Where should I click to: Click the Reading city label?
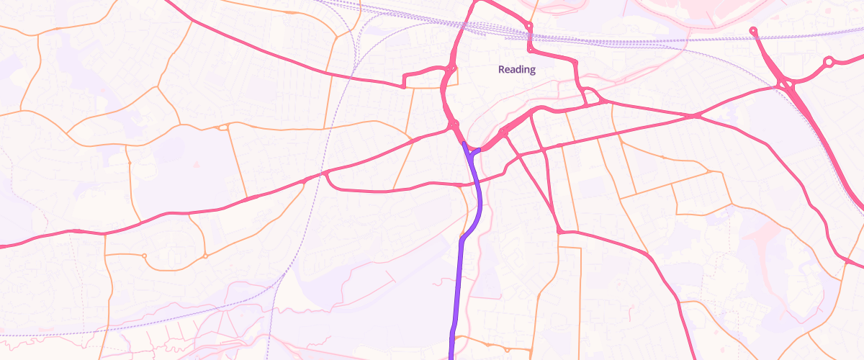(517, 70)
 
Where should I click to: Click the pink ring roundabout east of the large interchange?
(829, 63)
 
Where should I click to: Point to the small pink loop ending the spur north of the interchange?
(753, 30)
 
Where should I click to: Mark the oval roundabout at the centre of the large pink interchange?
(789, 86)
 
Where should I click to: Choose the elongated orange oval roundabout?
(223, 127)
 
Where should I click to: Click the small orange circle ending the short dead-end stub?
(144, 256)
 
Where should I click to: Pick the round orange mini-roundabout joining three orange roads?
(205, 256)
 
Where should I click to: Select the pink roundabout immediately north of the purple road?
(454, 125)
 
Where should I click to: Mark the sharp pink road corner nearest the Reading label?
(530, 50)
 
